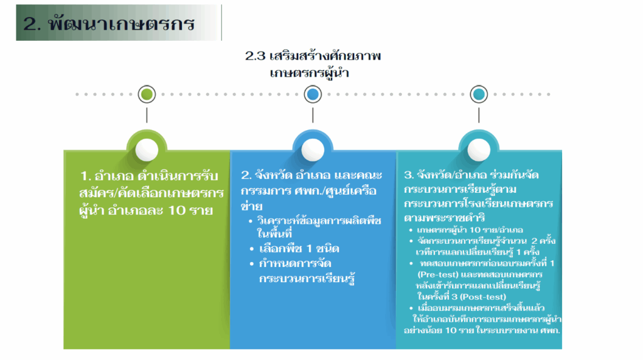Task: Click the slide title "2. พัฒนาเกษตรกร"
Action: pyautogui.click(x=109, y=23)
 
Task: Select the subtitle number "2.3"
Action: pyautogui.click(x=255, y=56)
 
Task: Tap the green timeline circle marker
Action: pyautogui.click(x=147, y=94)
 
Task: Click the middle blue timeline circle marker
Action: pyautogui.click(x=313, y=94)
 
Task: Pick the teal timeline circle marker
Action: pyautogui.click(x=478, y=94)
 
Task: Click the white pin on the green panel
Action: pyautogui.click(x=147, y=150)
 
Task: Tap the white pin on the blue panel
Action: pyautogui.click(x=313, y=150)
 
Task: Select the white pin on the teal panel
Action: pyautogui.click(x=478, y=150)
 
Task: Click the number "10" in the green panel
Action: pyautogui.click(x=176, y=210)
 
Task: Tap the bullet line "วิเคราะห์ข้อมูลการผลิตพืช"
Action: pyautogui.click(x=319, y=221)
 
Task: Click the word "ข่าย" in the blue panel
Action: pyautogui.click(x=251, y=206)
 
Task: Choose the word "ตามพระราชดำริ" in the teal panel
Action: pyautogui.click(x=445, y=217)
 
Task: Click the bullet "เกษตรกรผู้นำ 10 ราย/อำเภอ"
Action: pyautogui.click(x=470, y=230)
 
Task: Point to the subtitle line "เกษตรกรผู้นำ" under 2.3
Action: pyautogui.click(x=309, y=74)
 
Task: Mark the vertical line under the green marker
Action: pyautogui.click(x=147, y=116)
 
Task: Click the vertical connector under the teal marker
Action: pyautogui.click(x=478, y=116)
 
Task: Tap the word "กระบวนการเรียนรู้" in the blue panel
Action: pyautogui.click(x=306, y=278)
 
